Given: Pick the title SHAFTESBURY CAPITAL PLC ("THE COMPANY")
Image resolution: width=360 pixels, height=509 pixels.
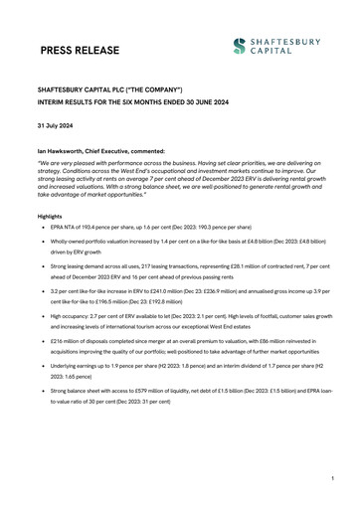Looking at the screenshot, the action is click(x=110, y=88).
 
